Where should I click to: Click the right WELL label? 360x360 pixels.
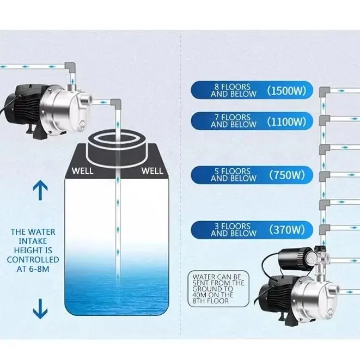tap(152, 171)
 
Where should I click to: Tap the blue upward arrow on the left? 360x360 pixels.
tap(40, 190)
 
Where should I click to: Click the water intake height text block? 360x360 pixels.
tap(33, 246)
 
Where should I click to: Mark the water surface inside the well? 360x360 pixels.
tap(117, 283)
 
